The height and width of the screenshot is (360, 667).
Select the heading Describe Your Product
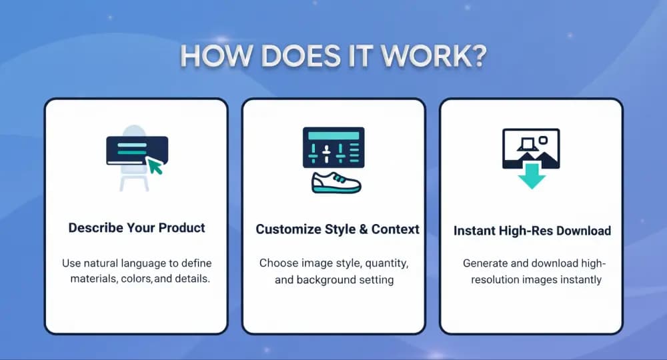tap(137, 228)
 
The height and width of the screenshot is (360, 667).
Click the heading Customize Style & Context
tap(338, 229)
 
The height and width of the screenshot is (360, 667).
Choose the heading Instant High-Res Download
tap(532, 231)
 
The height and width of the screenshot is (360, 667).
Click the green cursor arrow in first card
tap(155, 165)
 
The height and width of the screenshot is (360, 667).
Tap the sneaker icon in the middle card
tap(336, 183)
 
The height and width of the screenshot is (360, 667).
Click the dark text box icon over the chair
tap(137, 151)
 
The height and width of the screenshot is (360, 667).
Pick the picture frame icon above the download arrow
tap(531, 147)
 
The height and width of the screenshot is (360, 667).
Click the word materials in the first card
tap(94, 279)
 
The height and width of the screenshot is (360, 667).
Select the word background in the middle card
tap(325, 280)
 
